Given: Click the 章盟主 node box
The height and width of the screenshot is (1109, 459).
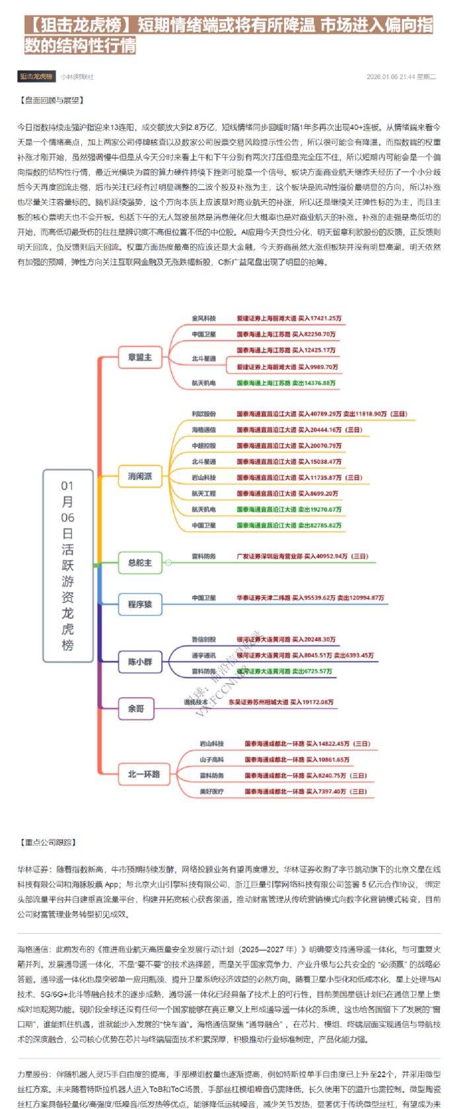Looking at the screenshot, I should coord(139,357).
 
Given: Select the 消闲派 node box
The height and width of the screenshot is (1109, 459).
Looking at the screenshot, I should coord(139,476).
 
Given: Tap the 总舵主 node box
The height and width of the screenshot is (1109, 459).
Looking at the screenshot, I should coord(139,563).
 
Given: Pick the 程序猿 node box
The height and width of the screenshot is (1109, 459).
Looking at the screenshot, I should coord(139,604).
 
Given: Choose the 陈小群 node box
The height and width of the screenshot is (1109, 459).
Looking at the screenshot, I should coord(139,661).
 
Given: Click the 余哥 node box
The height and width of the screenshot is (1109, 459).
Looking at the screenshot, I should coord(135,708).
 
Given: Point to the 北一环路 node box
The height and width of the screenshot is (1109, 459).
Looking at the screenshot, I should coord(143,774).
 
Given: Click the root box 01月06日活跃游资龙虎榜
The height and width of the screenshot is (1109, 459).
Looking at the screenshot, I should coord(67,565).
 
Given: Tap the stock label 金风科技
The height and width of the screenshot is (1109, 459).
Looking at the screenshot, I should coord(203,318).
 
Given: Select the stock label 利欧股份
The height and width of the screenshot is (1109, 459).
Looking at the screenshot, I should coord(203,414).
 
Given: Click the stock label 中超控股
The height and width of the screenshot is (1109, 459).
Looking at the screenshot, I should coord(203,446).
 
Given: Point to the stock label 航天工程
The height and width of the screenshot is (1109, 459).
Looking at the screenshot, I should coord(203,493).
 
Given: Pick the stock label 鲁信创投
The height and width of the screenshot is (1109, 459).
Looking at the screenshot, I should coord(203,639).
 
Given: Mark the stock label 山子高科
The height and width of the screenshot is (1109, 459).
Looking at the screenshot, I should coord(211,760).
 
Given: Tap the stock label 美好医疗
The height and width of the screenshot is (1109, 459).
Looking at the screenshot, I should coord(211,791).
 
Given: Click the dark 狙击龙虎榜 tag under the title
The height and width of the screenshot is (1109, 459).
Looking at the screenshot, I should coord(36,77).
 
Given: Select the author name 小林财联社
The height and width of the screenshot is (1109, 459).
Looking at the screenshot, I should coord(77,77).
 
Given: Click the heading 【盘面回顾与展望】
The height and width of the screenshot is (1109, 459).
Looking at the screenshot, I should coord(52,100).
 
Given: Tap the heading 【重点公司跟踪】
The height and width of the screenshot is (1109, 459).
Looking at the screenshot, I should coord(48,842).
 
